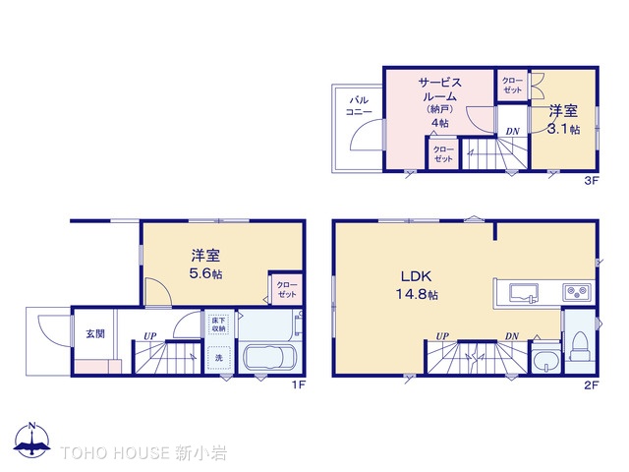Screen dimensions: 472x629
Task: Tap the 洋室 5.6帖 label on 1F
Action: coord(206,264)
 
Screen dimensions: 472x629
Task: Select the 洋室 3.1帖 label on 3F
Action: coord(563,119)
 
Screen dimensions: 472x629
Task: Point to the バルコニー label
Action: coord(359,105)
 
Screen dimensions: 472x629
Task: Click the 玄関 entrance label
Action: coord(94,333)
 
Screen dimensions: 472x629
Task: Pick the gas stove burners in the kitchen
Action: coord(575,291)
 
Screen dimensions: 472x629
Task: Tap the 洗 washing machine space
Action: coord(219,357)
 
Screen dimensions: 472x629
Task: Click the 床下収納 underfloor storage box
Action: coord(218,324)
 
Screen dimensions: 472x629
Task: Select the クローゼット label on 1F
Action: coord(286,290)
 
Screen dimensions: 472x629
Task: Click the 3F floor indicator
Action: coord(591,181)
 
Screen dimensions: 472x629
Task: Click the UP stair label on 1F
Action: coord(150,336)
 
